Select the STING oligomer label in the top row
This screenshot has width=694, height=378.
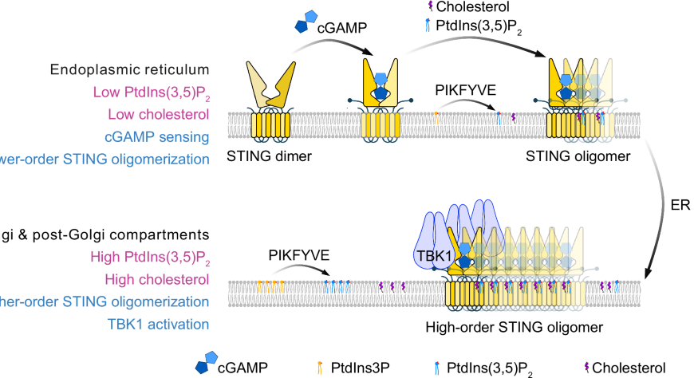coord(567,156)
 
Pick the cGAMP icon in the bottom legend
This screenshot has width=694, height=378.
coord(206,364)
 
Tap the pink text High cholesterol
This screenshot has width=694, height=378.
coord(158,279)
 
